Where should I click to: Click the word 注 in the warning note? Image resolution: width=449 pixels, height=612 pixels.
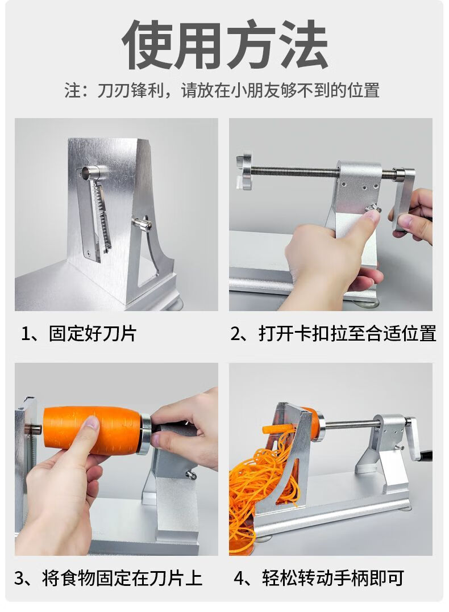click(73, 91)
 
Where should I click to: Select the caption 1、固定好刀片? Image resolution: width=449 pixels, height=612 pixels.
click(79, 334)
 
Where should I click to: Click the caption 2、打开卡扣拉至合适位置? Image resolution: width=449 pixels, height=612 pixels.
click(333, 334)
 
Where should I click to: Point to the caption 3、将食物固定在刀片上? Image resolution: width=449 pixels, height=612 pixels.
click(109, 578)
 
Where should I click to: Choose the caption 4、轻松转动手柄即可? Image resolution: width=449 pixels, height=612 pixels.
click(319, 578)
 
